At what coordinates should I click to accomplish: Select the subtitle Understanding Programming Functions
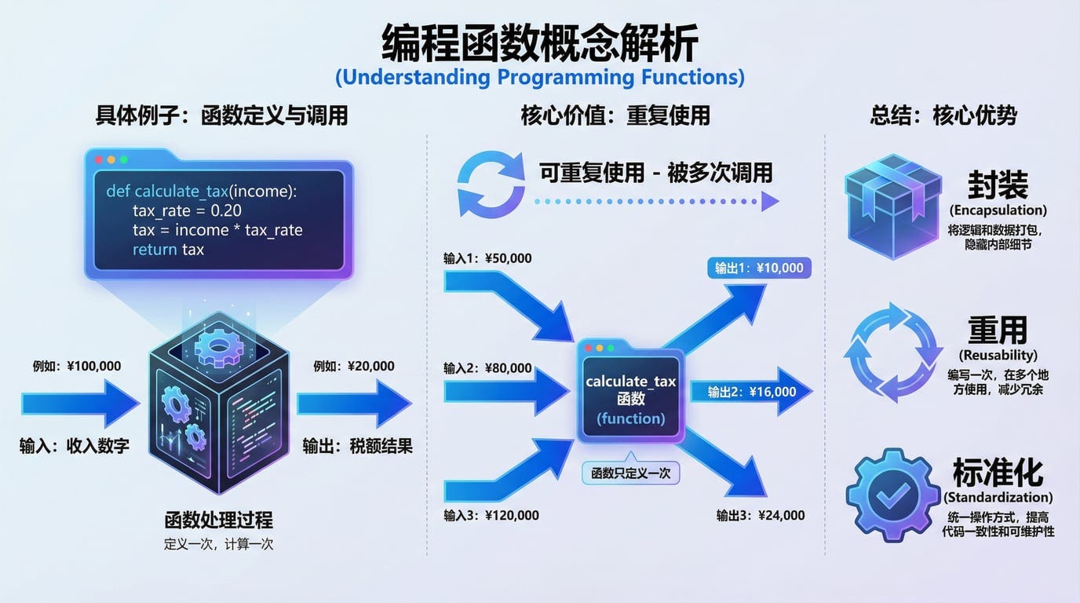coord(539,78)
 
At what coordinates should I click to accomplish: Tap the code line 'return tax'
coord(168,250)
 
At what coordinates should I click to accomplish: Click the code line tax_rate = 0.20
coord(187,210)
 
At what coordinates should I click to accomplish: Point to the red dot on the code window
coord(99,159)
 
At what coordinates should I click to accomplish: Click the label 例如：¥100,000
coord(77,366)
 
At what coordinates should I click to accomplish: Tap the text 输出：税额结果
coord(357,446)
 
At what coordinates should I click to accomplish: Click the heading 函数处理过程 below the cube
coord(218,520)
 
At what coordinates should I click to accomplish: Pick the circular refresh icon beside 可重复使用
coord(491,184)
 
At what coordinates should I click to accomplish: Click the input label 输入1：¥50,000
coord(487,258)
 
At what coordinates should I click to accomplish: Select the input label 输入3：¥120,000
coord(491,515)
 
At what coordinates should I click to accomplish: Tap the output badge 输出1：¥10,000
coord(758,268)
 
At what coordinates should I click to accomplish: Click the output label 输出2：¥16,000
coord(752,392)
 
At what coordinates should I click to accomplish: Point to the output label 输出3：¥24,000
coord(760,515)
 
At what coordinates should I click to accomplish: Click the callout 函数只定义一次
coord(630,473)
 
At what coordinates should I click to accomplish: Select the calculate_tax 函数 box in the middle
coord(630,391)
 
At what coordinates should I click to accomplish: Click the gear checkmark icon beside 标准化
coord(893,495)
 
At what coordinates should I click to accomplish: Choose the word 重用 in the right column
coord(997,331)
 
